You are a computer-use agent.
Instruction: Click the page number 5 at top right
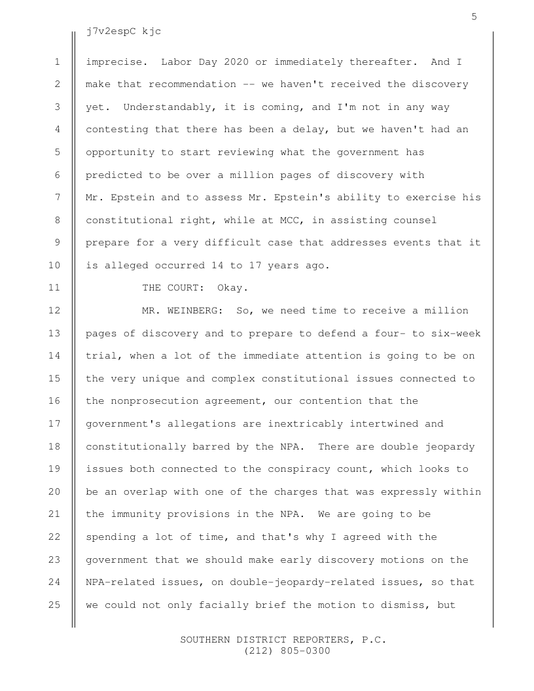[474, 17]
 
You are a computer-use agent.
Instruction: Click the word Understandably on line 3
[167, 107]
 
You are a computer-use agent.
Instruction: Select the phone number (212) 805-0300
[287, 651]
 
